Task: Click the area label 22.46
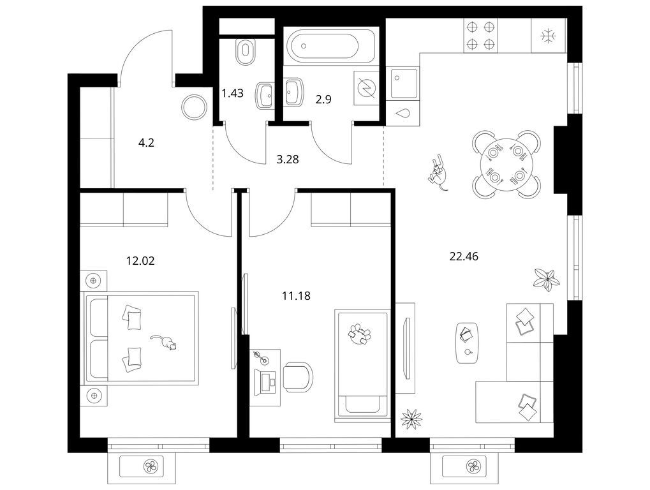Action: point(464,256)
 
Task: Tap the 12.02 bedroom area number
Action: point(140,261)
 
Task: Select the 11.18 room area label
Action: point(296,296)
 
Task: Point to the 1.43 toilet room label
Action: point(232,93)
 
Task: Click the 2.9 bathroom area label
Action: point(323,100)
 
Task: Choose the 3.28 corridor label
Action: point(287,160)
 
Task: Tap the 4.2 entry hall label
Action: point(146,143)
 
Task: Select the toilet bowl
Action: point(246,52)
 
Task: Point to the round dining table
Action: point(506,165)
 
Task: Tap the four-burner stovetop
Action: point(480,35)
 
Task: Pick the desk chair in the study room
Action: point(298,377)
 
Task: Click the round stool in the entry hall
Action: point(193,107)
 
